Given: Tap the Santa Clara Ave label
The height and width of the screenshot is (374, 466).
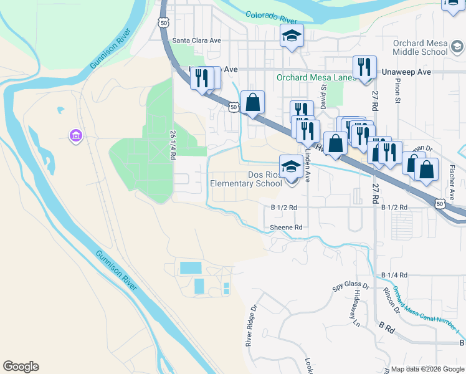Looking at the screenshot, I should click(x=197, y=40).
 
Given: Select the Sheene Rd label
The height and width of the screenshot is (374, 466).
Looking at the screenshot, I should click(x=286, y=228).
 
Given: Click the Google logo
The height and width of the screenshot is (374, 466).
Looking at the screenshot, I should click(x=21, y=367).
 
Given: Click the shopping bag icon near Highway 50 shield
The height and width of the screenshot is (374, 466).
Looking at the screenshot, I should click(x=253, y=102).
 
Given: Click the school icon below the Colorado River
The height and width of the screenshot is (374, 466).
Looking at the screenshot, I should click(x=291, y=37).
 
